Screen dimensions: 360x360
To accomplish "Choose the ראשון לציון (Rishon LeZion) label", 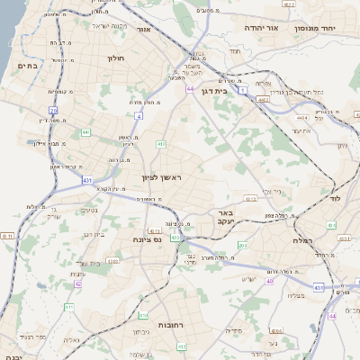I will click(x=162, y=178).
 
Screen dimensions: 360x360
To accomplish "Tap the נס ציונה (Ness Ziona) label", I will click(x=145, y=239).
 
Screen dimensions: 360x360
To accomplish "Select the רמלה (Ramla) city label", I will click(x=301, y=240).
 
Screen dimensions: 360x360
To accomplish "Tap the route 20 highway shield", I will click(x=54, y=111).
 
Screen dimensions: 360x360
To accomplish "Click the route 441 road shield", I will click(x=85, y=132).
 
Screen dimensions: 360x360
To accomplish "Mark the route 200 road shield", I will click(x=242, y=245).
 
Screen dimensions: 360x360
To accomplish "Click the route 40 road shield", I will click(x=269, y=281).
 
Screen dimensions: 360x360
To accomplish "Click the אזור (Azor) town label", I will click(x=144, y=30).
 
